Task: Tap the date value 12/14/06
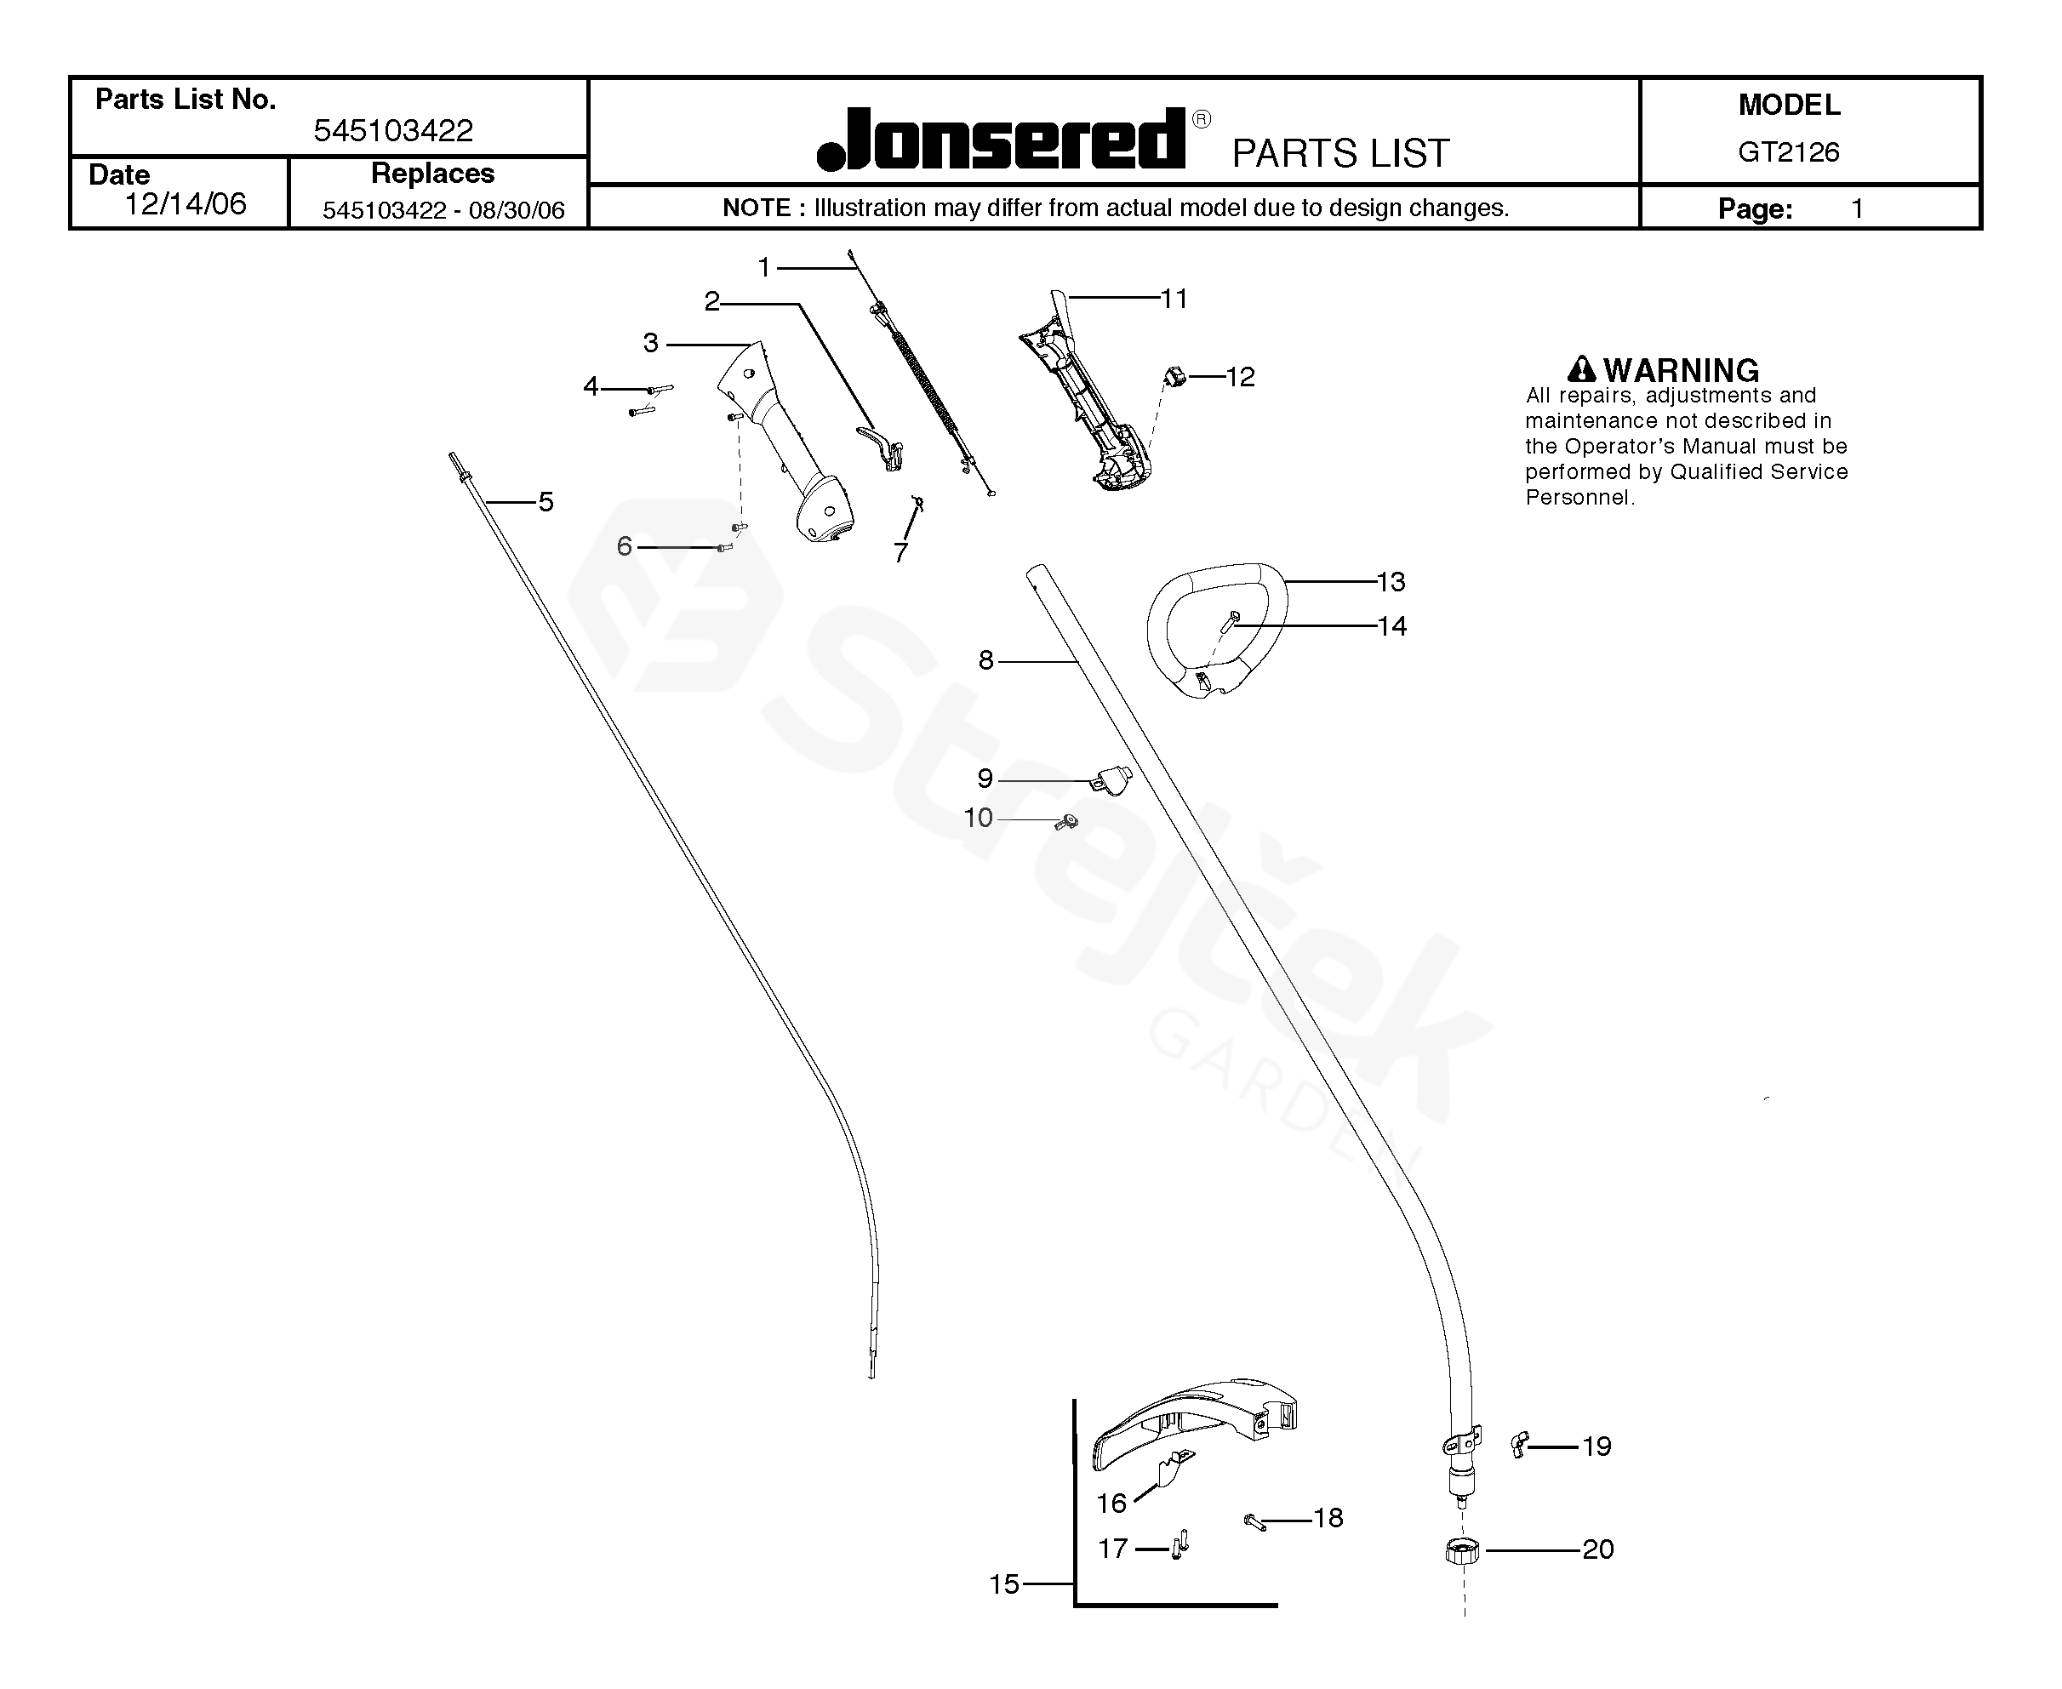pos(185,204)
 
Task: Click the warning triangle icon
pos(1581,370)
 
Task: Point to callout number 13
pos(1391,582)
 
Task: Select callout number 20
pos(1598,1549)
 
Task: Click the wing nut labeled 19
pos(1519,1444)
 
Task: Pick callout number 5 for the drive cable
pos(545,502)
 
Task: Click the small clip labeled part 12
pos(1174,375)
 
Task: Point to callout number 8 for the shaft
pos(985,660)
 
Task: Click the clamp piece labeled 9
pos(1112,779)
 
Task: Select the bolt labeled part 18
pos(1254,1521)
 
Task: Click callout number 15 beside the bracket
pos(1004,1584)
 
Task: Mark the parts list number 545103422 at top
pos(393,130)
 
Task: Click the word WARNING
pos(1681,371)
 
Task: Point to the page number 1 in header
pos(1857,209)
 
